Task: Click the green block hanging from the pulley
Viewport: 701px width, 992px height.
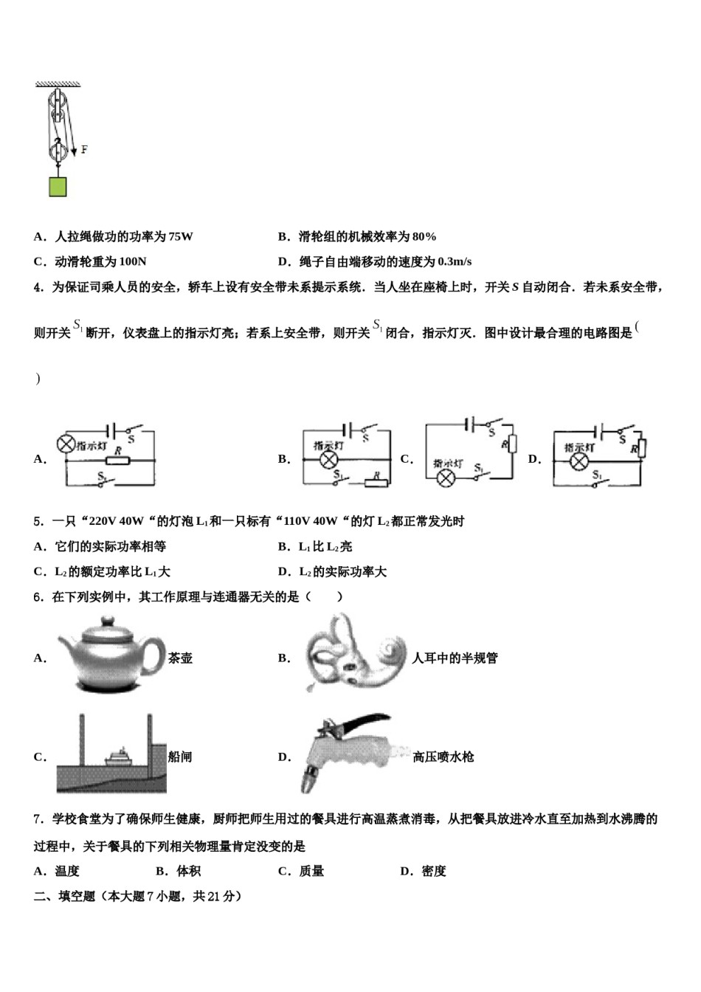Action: click(58, 187)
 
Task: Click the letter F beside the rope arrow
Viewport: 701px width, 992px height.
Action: click(83, 150)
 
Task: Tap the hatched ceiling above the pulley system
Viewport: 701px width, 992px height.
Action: click(58, 83)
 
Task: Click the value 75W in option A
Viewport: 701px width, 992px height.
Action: click(180, 237)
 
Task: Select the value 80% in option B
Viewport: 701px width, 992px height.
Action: click(424, 237)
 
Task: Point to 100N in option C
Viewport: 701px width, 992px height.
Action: click(133, 261)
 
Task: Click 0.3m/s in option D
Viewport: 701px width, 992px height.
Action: click(455, 261)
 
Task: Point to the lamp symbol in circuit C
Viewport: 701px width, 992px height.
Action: click(446, 478)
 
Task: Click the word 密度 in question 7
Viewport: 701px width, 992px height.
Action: click(434, 871)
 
